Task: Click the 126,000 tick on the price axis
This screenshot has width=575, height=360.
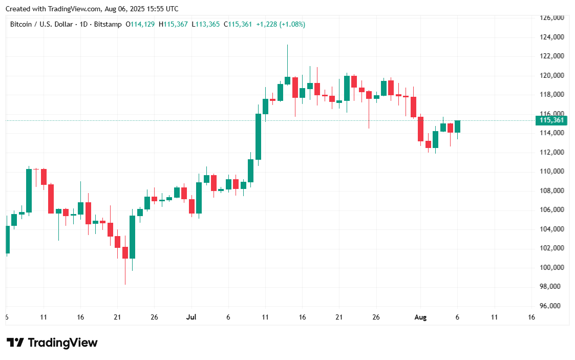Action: tap(552, 18)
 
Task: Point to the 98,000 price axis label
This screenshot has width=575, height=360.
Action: tap(552, 287)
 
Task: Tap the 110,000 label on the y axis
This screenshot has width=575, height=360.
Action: tap(552, 171)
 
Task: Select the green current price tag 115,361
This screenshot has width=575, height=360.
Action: tap(552, 121)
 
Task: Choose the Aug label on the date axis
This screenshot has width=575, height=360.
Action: tap(420, 317)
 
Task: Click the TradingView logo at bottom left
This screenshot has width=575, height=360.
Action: tap(52, 343)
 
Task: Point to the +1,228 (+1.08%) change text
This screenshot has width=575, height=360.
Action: tap(281, 24)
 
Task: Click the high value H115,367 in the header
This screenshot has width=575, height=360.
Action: tap(173, 24)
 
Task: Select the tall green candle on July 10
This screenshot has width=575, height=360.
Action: tap(259, 137)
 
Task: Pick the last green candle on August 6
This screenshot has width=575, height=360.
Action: tap(457, 126)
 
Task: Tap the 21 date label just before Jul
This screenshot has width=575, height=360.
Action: tap(117, 317)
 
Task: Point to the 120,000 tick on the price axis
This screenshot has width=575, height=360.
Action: tap(552, 75)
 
